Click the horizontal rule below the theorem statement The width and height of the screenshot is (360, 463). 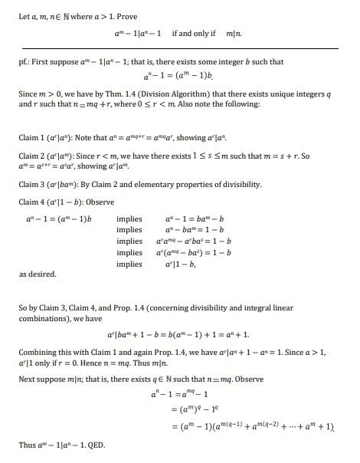(180, 48)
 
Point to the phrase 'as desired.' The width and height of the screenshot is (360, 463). (35, 273)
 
